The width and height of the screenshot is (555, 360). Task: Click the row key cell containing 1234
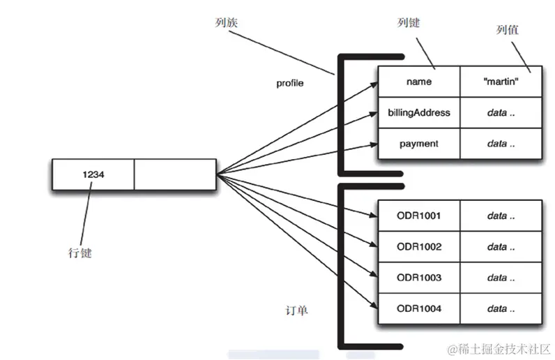coord(93,174)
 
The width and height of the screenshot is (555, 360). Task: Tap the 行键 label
coord(77,253)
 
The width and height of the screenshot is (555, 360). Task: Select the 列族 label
coord(226,23)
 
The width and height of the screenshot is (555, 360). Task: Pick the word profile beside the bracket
coord(290,83)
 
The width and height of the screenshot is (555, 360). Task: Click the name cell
coord(418,82)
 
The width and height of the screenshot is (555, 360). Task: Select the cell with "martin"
coord(501,82)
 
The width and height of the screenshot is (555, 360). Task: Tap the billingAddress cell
coord(418,112)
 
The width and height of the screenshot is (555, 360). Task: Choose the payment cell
coord(418,144)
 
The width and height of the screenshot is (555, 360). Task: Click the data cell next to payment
coord(501,144)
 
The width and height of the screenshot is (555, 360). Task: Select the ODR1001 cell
coord(418,216)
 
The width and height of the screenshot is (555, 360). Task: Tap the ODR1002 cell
coord(418,246)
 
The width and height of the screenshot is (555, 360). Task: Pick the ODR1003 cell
coord(418,278)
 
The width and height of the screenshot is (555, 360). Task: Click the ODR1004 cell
coord(418,308)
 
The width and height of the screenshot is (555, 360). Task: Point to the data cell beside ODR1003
coord(501,278)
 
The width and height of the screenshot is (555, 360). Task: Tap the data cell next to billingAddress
coord(501,112)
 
